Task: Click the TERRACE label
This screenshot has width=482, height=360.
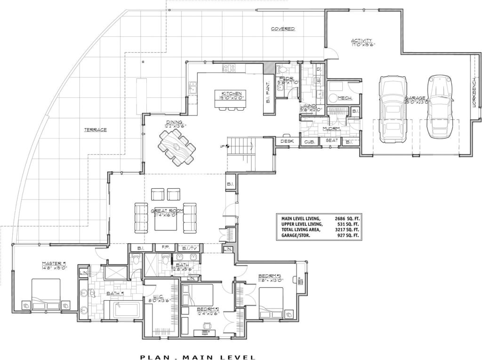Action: point(96,129)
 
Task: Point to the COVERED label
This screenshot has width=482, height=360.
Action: point(283,29)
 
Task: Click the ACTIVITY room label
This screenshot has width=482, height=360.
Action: point(362,40)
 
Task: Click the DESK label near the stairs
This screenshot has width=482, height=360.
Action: point(287,141)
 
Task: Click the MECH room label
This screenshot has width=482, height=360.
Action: point(345,98)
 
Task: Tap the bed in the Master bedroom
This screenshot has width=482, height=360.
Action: point(46,295)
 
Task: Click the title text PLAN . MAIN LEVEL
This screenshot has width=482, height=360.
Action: point(198,357)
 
